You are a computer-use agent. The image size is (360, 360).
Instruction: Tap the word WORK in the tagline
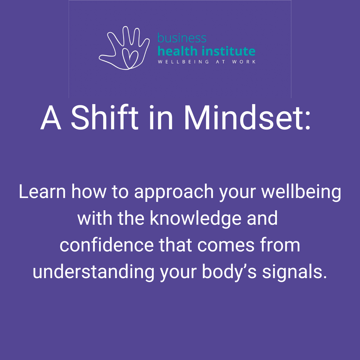point(244,62)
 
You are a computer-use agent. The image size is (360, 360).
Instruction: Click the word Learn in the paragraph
point(42,191)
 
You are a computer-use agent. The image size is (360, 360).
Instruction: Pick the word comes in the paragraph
point(226,247)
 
